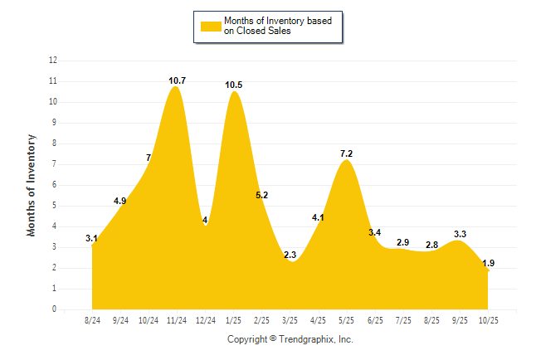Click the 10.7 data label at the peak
coord(176,80)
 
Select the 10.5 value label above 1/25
coord(233,85)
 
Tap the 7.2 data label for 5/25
coord(346,153)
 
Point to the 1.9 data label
coord(488,263)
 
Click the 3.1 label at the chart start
coord(91,239)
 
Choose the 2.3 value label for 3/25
coord(290,255)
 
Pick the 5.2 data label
coord(261,195)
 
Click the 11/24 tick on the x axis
coord(176,319)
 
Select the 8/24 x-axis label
coord(91,319)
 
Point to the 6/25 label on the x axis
coord(374,319)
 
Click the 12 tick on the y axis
coord(53,61)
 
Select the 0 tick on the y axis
coord(55,309)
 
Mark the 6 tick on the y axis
coord(55,185)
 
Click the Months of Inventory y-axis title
coord(32,185)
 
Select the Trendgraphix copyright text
coord(290,339)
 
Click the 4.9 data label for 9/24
coord(119,201)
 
